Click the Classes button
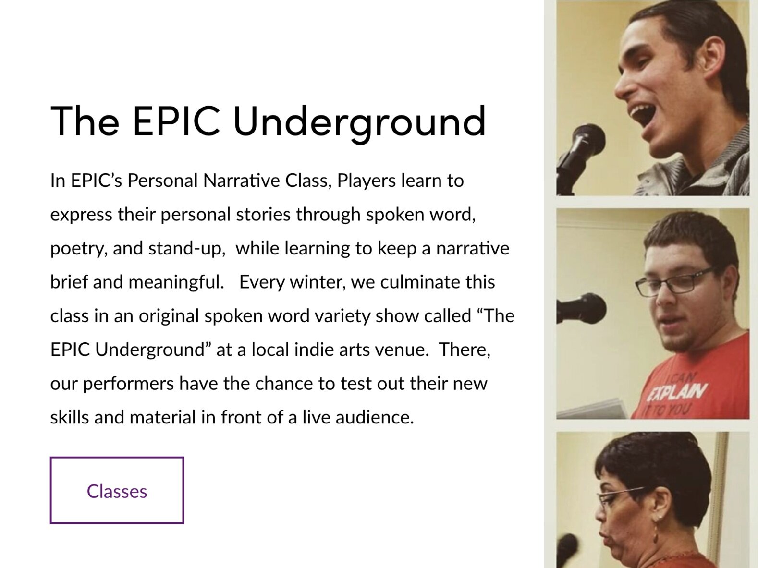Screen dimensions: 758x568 [117, 490]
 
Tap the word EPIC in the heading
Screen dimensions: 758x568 [176, 121]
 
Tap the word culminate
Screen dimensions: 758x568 [420, 282]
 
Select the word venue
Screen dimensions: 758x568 [402, 350]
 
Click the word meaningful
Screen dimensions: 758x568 [176, 283]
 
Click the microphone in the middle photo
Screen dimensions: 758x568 [581, 308]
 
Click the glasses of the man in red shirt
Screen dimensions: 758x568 [673, 283]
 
